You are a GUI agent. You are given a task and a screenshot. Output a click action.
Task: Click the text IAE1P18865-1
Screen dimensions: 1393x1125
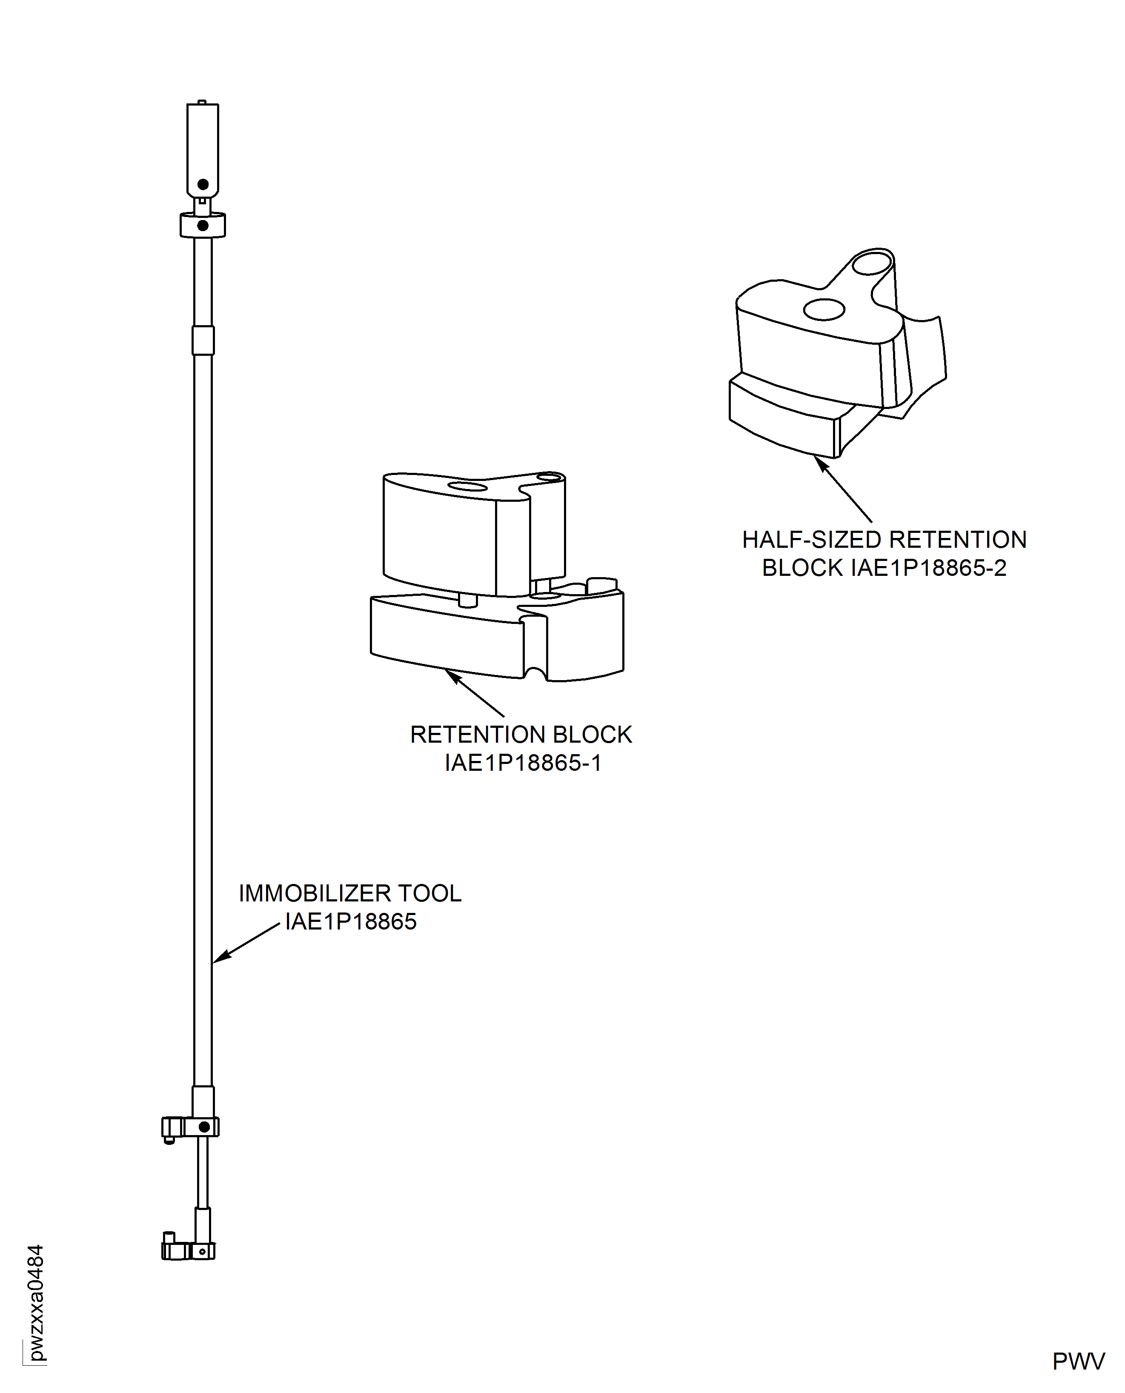pyautogui.click(x=522, y=763)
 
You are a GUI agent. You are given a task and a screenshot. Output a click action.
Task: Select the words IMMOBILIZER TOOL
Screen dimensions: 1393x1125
pyautogui.click(x=350, y=893)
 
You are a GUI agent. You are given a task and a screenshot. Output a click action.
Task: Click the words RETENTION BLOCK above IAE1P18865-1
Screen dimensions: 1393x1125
pyautogui.click(x=521, y=734)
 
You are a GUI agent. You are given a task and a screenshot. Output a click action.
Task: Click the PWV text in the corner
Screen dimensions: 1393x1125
pyautogui.click(x=1078, y=1361)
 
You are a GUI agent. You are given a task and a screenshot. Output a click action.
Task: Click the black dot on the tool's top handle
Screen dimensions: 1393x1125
pyautogui.click(x=203, y=185)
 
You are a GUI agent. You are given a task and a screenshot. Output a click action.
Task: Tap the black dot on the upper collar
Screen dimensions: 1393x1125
pyautogui.click(x=203, y=226)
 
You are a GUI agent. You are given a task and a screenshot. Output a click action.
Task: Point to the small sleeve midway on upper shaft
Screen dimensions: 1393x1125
pyautogui.click(x=203, y=340)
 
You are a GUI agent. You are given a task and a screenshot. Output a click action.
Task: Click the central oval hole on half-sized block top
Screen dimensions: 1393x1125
pyautogui.click(x=824, y=309)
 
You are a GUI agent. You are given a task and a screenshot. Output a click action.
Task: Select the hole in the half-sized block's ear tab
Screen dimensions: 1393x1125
pyautogui.click(x=872, y=263)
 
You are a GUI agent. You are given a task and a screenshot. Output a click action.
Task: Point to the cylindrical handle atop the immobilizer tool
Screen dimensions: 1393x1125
pyautogui.click(x=203, y=149)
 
